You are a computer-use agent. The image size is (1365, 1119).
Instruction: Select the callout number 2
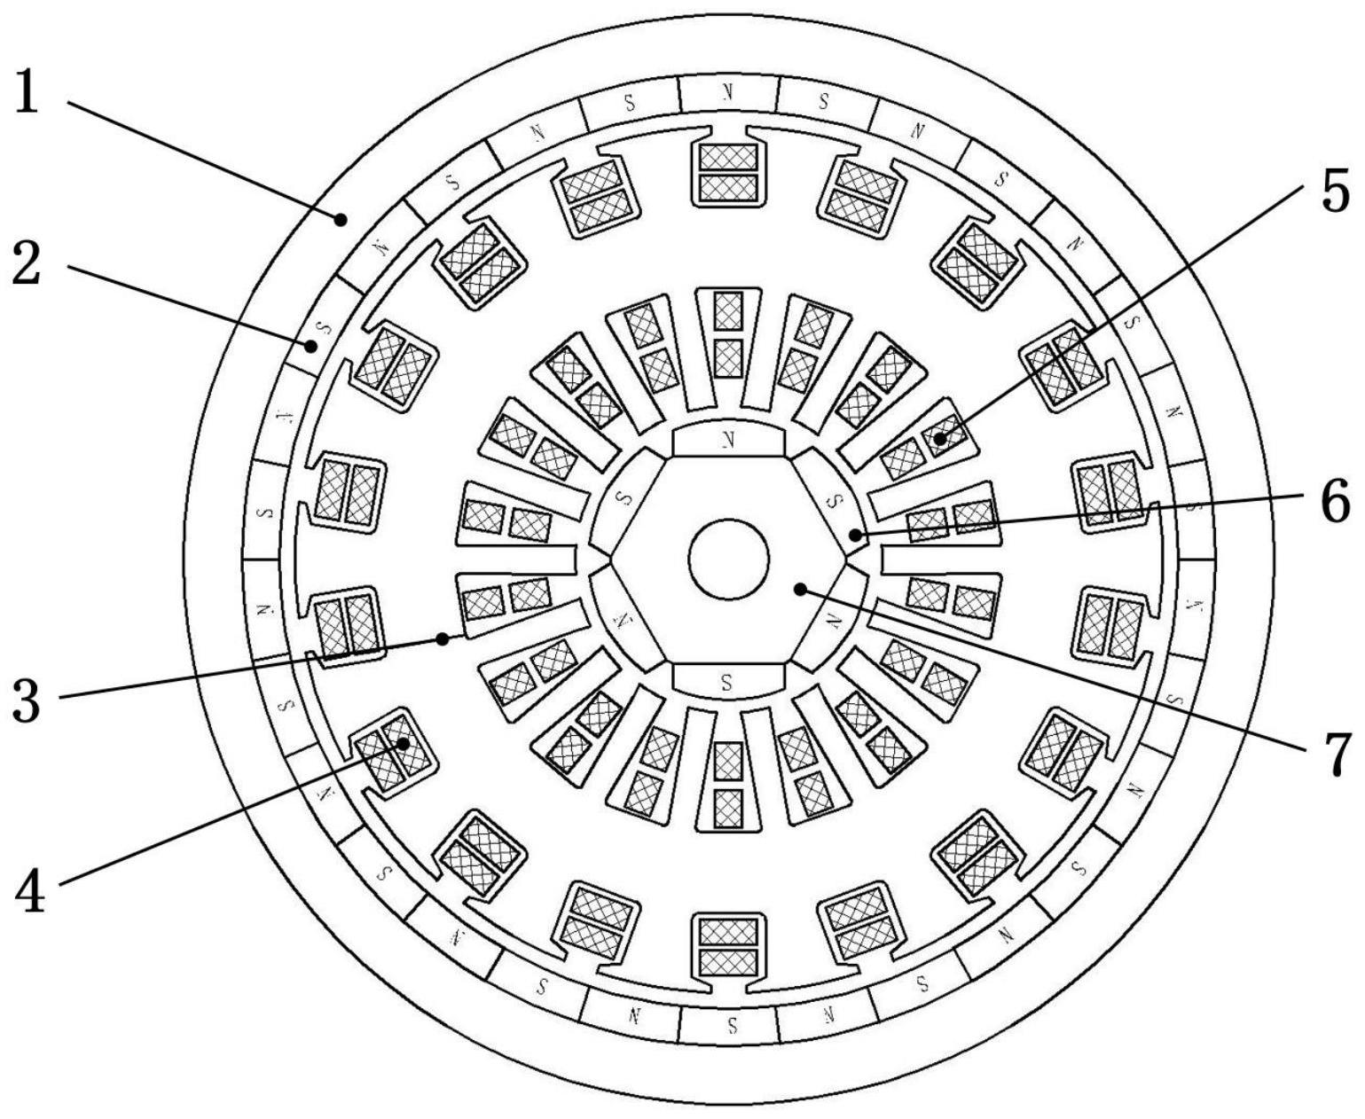(x=27, y=264)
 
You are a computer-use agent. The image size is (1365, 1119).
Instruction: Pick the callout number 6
(x=1333, y=501)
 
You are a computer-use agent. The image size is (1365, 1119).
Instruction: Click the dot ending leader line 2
(x=311, y=346)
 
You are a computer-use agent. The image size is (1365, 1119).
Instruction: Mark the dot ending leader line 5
(x=938, y=438)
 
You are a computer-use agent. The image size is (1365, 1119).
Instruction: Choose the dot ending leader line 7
(x=800, y=589)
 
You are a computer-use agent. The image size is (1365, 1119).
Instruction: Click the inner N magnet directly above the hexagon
(x=728, y=439)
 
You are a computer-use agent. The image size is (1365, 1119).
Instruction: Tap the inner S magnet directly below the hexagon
(x=728, y=681)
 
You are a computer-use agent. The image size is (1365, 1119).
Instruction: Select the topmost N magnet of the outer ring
(x=728, y=91)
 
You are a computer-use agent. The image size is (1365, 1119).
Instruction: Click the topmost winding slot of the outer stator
(x=728, y=171)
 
